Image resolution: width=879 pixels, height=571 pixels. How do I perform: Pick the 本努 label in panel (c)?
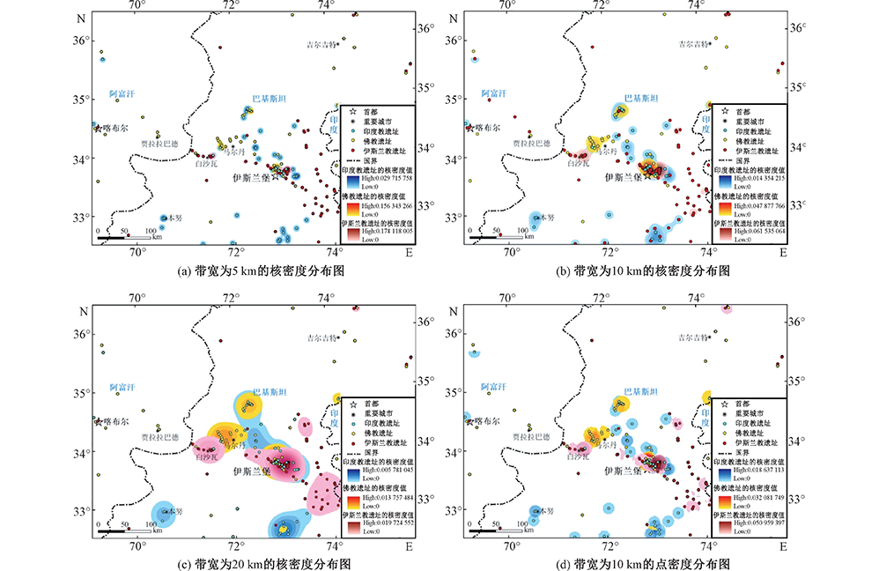[174, 511]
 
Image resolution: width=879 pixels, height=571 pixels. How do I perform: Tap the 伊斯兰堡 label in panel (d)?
[626, 471]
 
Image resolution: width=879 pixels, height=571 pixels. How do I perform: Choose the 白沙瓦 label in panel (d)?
[578, 458]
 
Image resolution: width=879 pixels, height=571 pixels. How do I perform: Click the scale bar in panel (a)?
[123, 237]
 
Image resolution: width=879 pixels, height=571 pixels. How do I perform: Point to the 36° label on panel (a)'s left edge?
[81, 41]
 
